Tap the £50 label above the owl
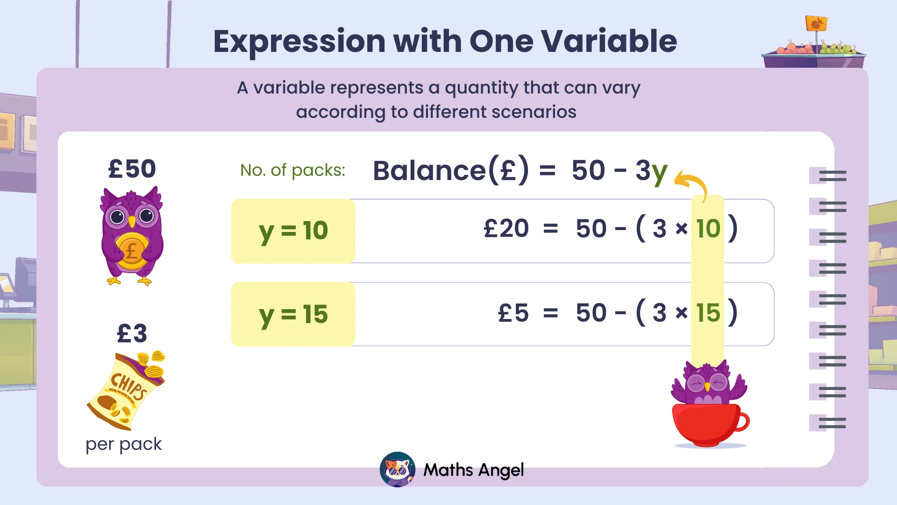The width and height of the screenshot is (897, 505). pos(132,169)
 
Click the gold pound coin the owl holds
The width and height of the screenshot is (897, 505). pos(131,251)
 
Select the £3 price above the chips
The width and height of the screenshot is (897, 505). pos(132,334)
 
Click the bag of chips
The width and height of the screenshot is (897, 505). pos(126,391)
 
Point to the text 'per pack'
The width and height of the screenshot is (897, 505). pos(123,444)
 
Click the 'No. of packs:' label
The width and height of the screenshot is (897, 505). pos(292,170)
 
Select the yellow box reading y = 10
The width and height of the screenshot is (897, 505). pos(293,231)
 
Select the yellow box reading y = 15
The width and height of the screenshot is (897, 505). pos(293,314)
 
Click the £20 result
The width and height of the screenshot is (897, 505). pos(506,229)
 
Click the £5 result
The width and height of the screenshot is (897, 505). pos(513,313)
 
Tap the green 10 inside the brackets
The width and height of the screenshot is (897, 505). pos(708,229)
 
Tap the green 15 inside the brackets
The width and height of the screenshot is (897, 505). pos(708,313)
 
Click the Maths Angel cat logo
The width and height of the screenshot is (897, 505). pos(398,469)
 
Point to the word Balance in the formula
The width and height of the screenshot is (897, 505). pos(429,171)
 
